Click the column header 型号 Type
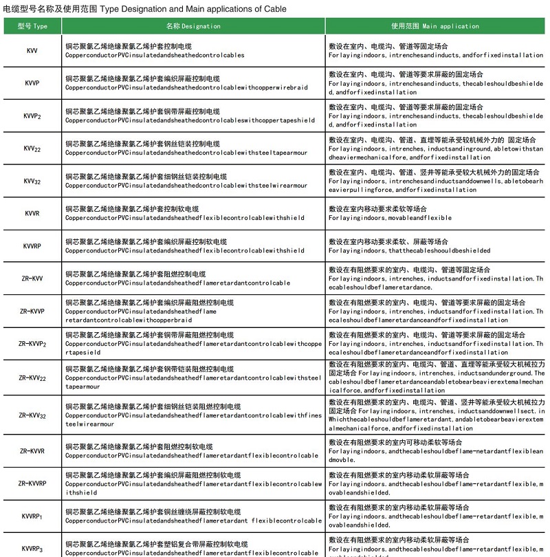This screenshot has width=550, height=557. point(32,26)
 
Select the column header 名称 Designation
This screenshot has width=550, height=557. point(193,26)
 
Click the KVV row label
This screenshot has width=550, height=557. point(32,51)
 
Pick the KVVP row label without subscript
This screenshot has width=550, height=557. point(32,83)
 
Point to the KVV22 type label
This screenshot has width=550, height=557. point(32,148)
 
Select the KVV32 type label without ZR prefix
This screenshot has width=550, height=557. point(32,181)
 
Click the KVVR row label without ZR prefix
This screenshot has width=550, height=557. point(32,213)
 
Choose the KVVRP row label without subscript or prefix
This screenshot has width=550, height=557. point(32,245)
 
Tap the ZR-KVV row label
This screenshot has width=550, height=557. point(32,278)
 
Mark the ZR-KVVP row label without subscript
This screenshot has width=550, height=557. point(32,311)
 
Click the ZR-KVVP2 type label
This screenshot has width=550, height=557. point(32,343)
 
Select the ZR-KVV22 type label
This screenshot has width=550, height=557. point(32,378)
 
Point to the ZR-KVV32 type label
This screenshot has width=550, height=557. point(32,415)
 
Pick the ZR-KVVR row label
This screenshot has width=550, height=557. point(32,451)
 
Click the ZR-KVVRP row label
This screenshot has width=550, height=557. point(32,483)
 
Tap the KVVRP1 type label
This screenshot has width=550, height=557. point(32,516)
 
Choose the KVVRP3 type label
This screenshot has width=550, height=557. point(32,548)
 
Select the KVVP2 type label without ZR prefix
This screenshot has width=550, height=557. point(32,116)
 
